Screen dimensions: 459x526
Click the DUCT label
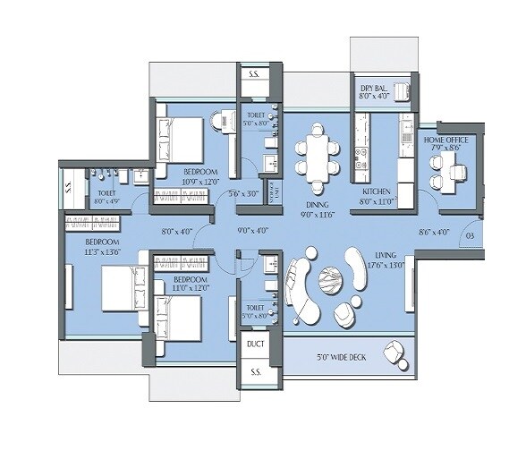255,343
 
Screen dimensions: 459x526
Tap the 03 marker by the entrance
470,236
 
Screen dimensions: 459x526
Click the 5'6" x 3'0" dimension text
242,193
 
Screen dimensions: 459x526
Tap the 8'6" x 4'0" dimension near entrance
434,232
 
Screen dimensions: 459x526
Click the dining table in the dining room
317,152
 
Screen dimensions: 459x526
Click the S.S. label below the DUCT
255,371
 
